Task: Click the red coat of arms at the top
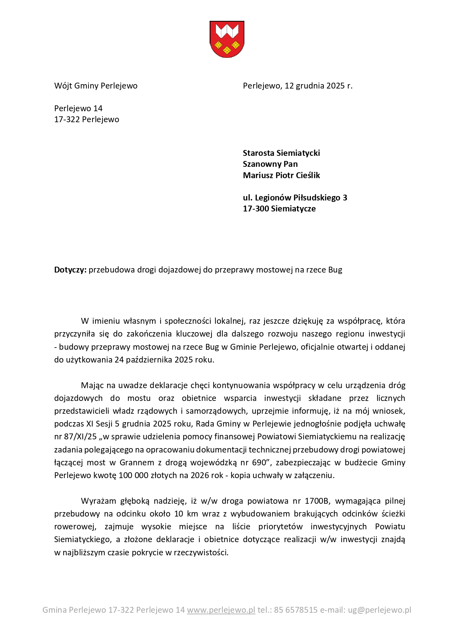tap(227, 39)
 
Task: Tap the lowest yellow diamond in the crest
tap(227, 50)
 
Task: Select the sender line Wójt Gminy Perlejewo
tap(96, 86)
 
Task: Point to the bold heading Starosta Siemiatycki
tap(281, 153)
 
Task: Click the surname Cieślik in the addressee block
tap(307, 175)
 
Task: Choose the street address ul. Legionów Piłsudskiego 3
tap(295, 198)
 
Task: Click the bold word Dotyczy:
tap(70, 270)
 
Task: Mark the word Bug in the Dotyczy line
tap(335, 270)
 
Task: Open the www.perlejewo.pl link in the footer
tap(221, 610)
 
